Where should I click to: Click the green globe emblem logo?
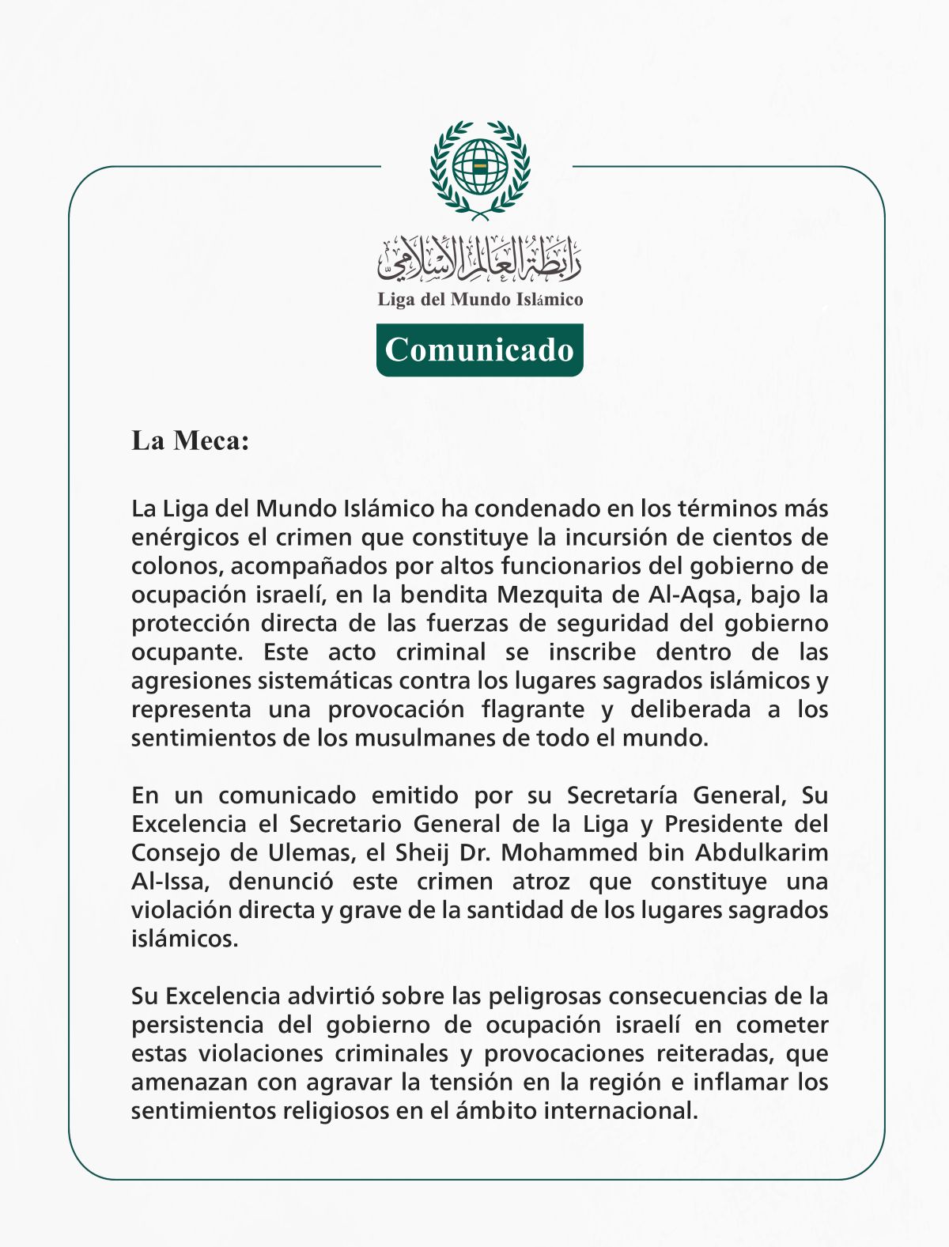(x=480, y=168)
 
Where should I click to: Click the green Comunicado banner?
(x=479, y=350)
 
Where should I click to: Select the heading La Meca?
(x=190, y=440)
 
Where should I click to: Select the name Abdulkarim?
(x=762, y=852)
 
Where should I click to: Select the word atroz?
(x=541, y=881)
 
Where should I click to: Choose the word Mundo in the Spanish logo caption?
(x=481, y=300)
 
